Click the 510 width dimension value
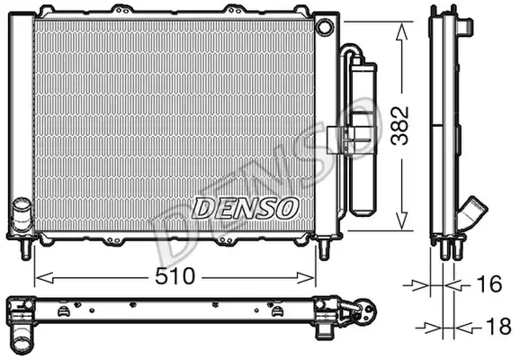pyautogui.click(x=175, y=276)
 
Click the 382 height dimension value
pyautogui.click(x=399, y=126)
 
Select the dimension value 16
pyautogui.click(x=489, y=283)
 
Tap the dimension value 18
pyautogui.click(x=498, y=327)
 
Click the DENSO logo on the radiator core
pyautogui.click(x=246, y=208)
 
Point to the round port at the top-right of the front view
pyautogui.click(x=326, y=27)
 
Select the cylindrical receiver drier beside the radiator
pyautogui.click(x=363, y=139)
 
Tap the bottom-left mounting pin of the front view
pyautogui.click(x=25, y=249)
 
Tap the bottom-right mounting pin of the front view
pyautogui.click(x=324, y=249)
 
